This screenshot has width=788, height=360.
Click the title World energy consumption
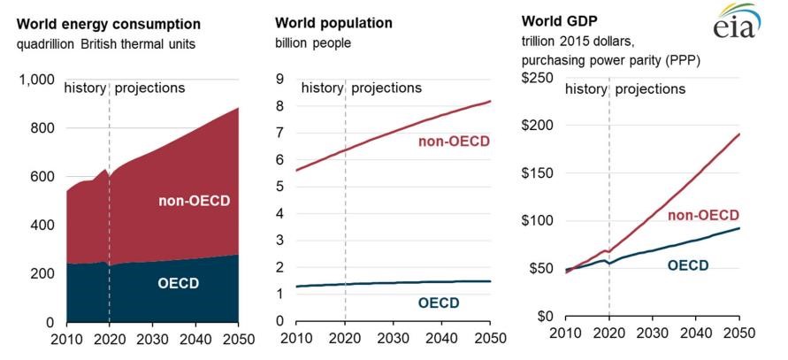coord(109,24)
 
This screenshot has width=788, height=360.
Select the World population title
coord(333,23)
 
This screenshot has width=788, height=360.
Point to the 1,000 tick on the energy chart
coord(36,80)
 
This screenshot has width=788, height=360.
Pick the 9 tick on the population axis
coord(280,80)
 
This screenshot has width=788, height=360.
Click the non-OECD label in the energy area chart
coord(194,201)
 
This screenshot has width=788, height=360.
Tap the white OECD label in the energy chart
coord(179,284)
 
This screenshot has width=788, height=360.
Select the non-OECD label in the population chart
coord(454,142)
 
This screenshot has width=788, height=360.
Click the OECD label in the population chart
coord(439,303)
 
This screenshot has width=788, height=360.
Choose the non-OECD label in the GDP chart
coord(704,215)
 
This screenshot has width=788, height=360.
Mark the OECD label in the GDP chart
coord(688,265)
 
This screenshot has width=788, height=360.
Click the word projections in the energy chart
coord(149,88)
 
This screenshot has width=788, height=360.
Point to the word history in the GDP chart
coord(586,89)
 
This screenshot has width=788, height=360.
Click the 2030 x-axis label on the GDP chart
coord(653,333)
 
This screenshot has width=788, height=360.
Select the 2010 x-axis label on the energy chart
coord(66,339)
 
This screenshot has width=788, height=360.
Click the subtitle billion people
coord(313,43)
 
